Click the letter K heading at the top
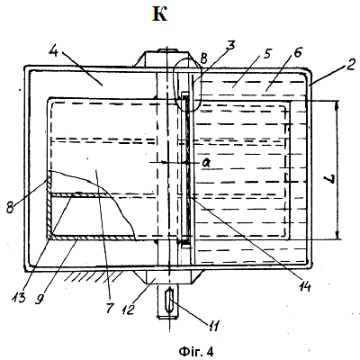pos(159,14)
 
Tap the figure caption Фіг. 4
pos(196,351)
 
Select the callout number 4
pos(56,54)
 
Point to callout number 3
pos(230,46)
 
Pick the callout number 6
pos(297,52)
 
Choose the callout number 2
pos(350,65)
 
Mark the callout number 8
pos(11,207)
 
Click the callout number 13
pos(19,297)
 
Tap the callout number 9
pos(38,299)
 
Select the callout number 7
pos(110,307)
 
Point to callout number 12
pos(128,309)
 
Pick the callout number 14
pos(304,286)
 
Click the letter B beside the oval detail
pos(203,59)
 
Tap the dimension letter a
pos(206,163)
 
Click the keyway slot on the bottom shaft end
pos(170,301)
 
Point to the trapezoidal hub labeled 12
pos(168,277)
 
